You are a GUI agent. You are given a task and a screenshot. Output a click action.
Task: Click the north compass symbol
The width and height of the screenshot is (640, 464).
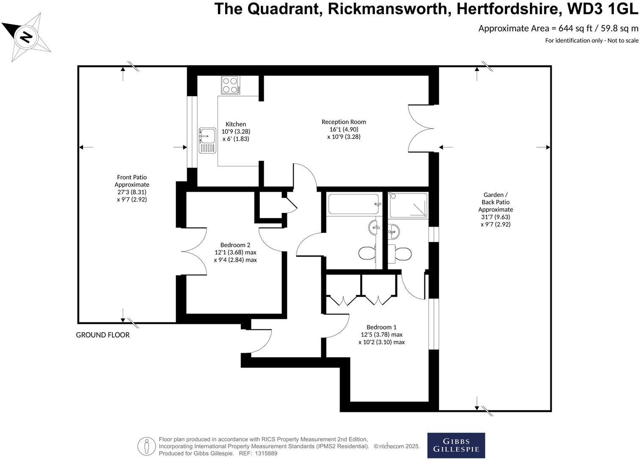pos(26,37)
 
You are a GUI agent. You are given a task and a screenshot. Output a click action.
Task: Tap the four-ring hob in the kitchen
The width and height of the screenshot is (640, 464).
pos(230,85)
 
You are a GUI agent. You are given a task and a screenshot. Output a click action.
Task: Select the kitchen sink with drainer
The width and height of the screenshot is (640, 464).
pos(207,140)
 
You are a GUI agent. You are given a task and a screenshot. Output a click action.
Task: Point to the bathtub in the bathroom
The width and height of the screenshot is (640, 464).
pos(354,204)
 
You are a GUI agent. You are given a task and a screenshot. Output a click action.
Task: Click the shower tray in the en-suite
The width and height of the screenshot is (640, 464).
pos(408,205)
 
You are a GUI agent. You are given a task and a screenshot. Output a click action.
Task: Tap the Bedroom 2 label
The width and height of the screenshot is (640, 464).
pos(235,245)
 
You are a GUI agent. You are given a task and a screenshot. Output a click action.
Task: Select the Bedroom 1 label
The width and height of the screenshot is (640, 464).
pos(381,327)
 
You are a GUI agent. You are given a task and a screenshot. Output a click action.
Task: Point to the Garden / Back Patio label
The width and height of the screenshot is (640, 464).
pos(495,202)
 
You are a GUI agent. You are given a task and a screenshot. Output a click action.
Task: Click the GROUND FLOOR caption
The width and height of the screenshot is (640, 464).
pos(103,335)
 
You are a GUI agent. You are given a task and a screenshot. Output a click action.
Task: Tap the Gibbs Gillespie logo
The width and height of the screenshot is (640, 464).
pos(456,445)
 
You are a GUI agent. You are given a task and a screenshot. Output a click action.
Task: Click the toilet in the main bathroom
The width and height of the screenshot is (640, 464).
pos(367,254)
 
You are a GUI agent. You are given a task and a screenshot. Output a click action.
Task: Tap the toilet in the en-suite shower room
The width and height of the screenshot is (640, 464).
pos(401,254)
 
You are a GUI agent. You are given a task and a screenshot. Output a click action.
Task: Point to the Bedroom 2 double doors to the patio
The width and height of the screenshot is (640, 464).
pos(194,252)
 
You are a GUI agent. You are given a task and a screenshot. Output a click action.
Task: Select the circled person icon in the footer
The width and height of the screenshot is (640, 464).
pos(147,446)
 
